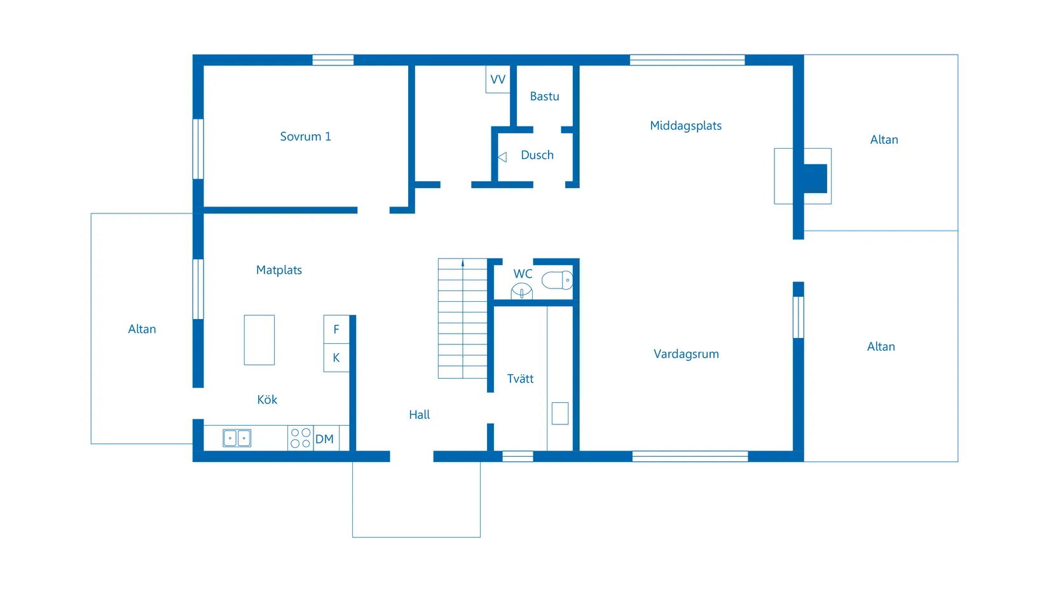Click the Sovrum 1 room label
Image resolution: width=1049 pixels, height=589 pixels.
tap(305, 137)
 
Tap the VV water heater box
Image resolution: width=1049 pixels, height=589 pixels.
tap(498, 79)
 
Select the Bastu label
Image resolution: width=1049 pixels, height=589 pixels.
tap(544, 97)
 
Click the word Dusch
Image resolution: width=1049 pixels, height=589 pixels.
tap(537, 155)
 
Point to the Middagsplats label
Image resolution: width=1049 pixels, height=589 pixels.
tap(685, 126)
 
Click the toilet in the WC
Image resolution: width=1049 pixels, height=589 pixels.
tap(557, 280)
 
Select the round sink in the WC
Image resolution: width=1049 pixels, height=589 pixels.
tap(521, 292)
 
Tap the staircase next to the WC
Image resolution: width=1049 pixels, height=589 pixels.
tap(462, 318)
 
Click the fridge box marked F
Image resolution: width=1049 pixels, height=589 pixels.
tap(336, 329)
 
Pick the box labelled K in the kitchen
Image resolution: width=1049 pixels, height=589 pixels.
tap(336, 358)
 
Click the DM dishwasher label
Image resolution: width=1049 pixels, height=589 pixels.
tap(324, 439)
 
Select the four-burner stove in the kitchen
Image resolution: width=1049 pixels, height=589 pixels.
tap(300, 438)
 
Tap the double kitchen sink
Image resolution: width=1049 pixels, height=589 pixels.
tap(237, 438)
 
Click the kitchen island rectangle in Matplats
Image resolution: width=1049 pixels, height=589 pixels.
tap(259, 340)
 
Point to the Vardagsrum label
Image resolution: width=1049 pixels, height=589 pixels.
tap(686, 354)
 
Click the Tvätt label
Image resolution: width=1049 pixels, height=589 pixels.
tap(520, 379)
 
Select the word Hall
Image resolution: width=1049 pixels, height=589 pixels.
tap(419, 415)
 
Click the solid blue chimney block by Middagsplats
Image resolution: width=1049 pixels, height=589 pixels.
tap(815, 179)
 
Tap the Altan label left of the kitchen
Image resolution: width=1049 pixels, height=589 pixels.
tap(142, 329)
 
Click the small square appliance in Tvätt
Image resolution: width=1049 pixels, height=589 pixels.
tap(560, 413)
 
